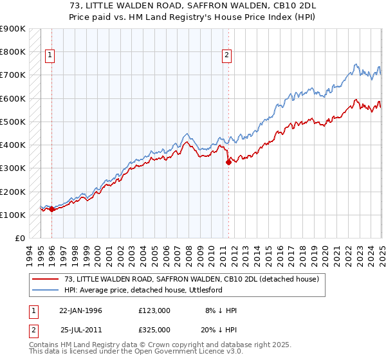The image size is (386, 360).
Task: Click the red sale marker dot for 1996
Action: pyautogui.click(x=51, y=209)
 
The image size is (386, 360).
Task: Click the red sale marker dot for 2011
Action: pyautogui.click(x=228, y=162)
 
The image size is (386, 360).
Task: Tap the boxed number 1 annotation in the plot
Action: pyautogui.click(x=50, y=55)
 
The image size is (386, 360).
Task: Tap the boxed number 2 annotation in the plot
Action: pyautogui.click(x=227, y=55)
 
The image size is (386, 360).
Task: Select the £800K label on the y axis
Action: pyautogui.click(x=13, y=51)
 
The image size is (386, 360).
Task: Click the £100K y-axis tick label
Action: pyautogui.click(x=13, y=215)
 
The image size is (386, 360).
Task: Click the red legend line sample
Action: pyautogui.click(x=44, y=279)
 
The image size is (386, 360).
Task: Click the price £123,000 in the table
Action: pyautogui.click(x=154, y=310)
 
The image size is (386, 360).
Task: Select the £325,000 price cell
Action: pyautogui.click(x=154, y=329)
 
